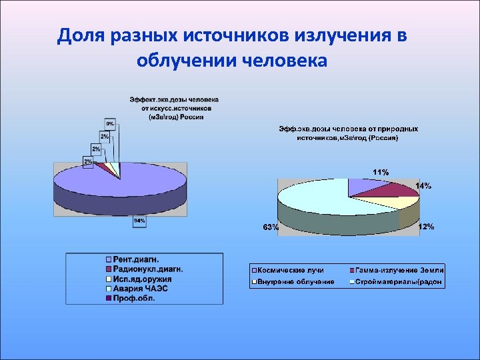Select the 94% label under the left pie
point(139,222)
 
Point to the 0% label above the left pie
point(110,123)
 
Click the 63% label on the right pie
point(271,227)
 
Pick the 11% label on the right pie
point(381,172)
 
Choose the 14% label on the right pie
point(423,186)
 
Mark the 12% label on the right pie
point(426,227)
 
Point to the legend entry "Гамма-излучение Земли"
point(399,271)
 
